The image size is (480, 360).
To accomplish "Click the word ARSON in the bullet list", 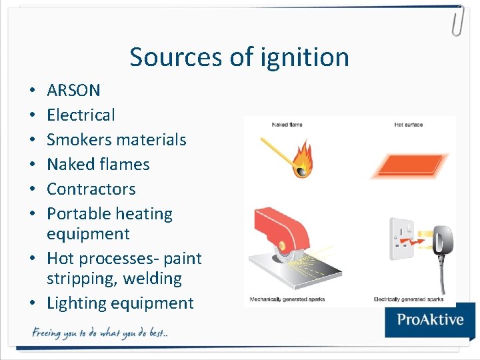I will coord(73,90).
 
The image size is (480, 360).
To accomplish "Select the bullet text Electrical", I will coord(81,115).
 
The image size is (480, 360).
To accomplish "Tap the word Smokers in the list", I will coord(77,139).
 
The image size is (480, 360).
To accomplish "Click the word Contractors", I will coord(91,189).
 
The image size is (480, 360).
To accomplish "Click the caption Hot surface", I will coord(408,125).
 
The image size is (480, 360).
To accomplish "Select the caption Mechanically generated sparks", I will coord(287,299).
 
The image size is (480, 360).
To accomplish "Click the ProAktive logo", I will coord(430,319).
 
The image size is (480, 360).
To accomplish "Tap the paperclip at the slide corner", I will coord(457,20).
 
